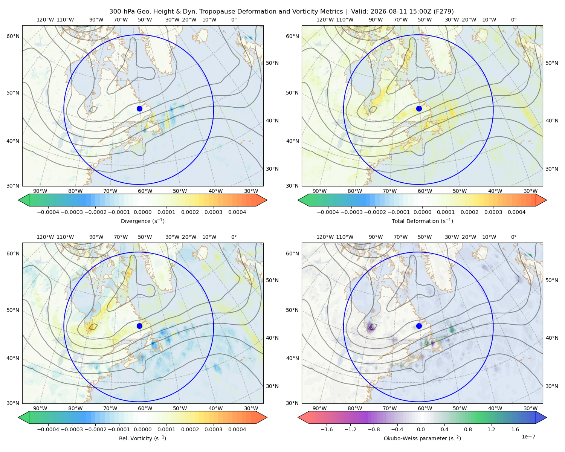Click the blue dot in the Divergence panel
[139, 108]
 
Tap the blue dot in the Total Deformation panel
[419, 108]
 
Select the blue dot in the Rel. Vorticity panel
[139, 326]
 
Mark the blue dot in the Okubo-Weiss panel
[419, 326]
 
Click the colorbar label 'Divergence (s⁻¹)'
[142, 221]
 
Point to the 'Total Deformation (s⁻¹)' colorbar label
[422, 221]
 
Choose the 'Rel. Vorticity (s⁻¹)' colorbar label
[142, 438]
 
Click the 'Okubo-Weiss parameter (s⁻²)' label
[422, 438]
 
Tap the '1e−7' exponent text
[528, 437]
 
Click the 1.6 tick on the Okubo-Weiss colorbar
[515, 429]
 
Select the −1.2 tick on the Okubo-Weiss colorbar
[350, 429]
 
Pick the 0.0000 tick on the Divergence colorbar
[142, 212]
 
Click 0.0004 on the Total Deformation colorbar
[516, 212]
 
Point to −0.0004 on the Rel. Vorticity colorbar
[48, 429]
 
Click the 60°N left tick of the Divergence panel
[13, 36]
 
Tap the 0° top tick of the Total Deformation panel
[513, 20]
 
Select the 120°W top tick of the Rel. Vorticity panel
[45, 237]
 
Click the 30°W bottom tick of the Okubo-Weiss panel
[530, 408]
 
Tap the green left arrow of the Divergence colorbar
[24, 200]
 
